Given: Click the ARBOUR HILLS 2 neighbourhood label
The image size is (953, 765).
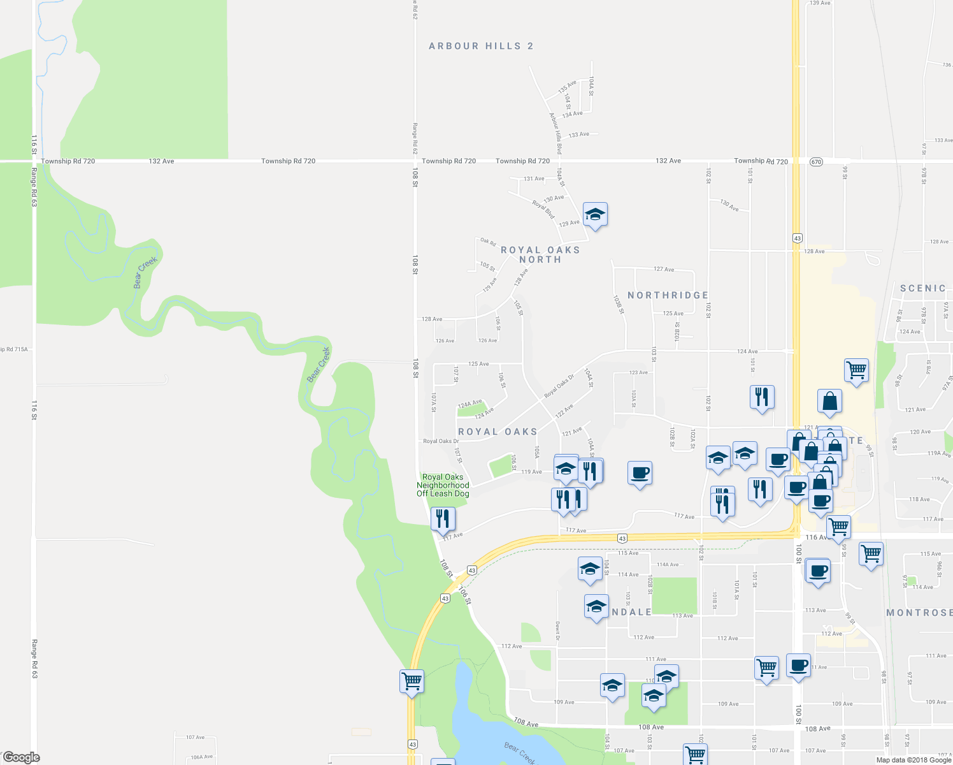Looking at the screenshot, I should [x=481, y=46].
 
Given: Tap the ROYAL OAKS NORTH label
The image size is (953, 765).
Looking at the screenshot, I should [x=540, y=254].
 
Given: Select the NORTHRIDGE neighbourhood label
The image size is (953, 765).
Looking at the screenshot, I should [x=668, y=295].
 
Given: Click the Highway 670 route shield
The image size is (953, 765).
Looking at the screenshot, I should [x=817, y=162].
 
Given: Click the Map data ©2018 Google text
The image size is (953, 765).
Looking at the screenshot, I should [x=913, y=760].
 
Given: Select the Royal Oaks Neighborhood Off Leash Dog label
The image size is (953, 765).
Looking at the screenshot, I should [x=443, y=485].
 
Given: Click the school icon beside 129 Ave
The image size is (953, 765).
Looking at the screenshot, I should [x=594, y=215].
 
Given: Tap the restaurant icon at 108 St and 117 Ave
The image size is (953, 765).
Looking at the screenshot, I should [x=443, y=518].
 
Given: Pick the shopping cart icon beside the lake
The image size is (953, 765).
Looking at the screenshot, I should [x=412, y=681].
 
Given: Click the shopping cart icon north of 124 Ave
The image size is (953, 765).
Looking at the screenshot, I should [x=856, y=370].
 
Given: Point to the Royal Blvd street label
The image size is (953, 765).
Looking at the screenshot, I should [x=543, y=210].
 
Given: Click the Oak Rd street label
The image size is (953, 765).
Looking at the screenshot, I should [x=488, y=242].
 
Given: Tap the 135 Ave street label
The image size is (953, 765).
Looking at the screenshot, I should [x=567, y=87].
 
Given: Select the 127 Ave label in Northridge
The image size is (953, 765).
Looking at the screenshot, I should [x=664, y=269].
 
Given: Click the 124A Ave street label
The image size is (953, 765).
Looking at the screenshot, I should [x=469, y=404].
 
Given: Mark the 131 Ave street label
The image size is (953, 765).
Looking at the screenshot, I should [x=534, y=178].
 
